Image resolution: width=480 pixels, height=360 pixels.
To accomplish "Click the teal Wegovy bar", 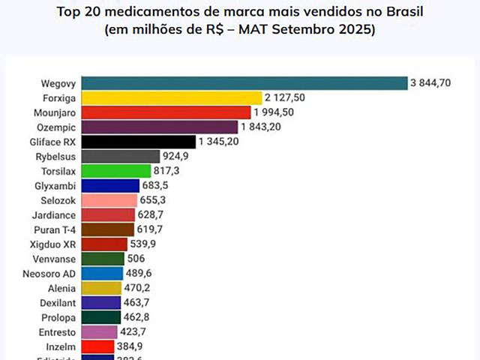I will click(243, 83).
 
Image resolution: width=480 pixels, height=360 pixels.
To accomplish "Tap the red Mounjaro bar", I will click(165, 112).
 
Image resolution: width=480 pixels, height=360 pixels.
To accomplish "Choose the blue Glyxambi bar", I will click(109, 185).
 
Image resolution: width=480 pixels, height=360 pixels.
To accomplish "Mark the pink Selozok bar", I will click(108, 199).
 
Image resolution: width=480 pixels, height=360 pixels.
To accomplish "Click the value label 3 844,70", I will click(430, 83).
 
